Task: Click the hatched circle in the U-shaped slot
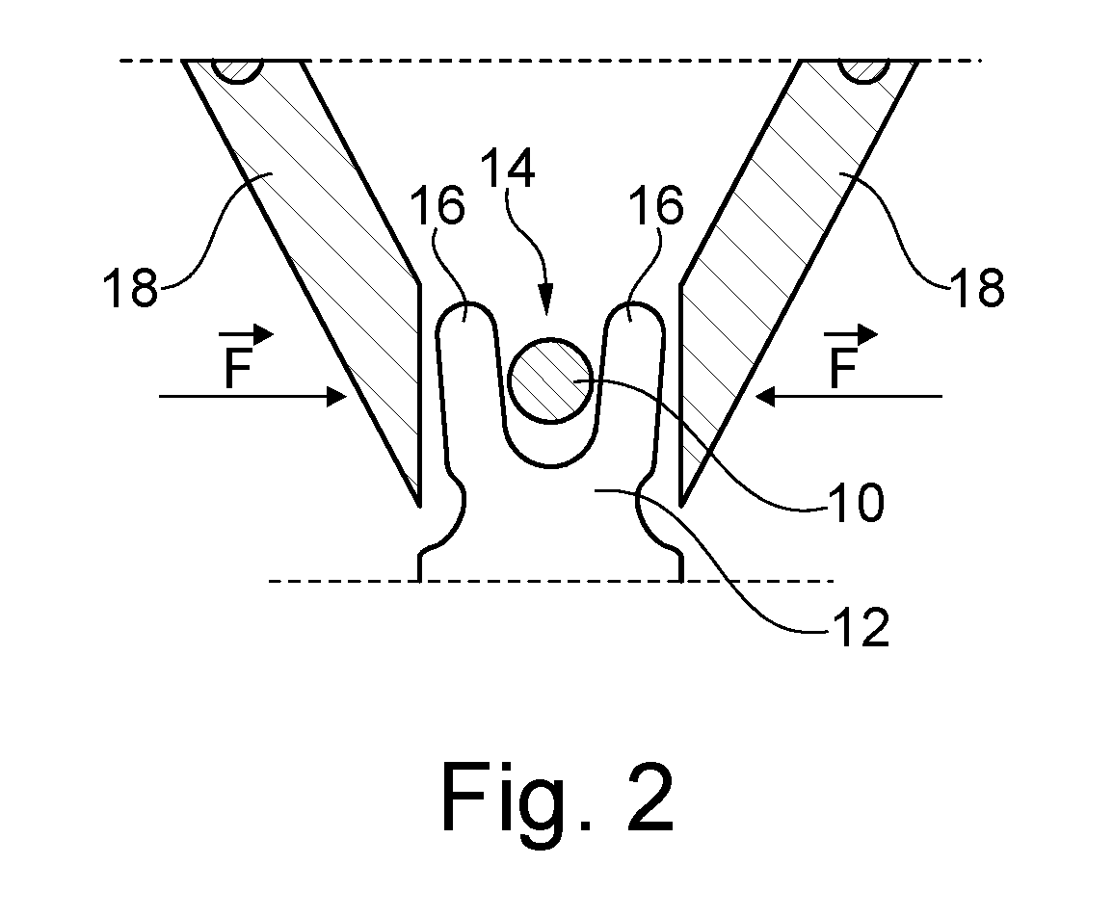(551, 381)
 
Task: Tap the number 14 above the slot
(507, 168)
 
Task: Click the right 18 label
(977, 288)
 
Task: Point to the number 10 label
(858, 503)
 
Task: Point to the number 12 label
(861, 627)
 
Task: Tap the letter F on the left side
(239, 368)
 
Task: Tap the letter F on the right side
(843, 368)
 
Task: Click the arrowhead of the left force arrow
(337, 396)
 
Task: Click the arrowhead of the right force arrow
(765, 396)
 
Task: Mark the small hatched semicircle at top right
(863, 71)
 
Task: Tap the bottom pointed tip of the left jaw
(420, 507)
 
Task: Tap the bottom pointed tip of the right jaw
(681, 507)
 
